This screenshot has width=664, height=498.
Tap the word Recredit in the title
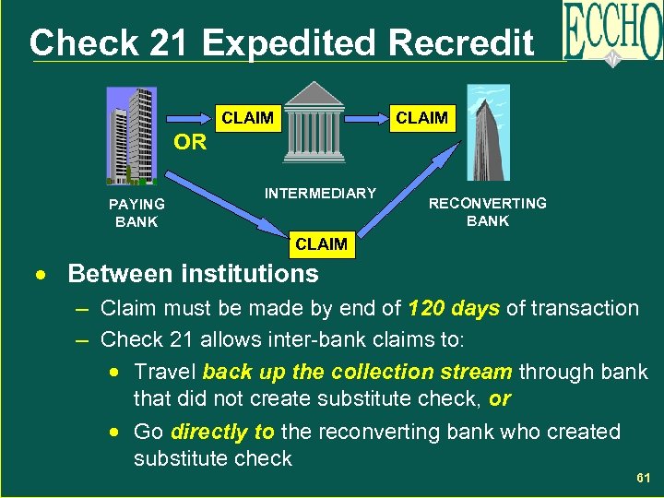tap(462, 42)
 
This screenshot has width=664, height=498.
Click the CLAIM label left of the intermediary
tap(247, 118)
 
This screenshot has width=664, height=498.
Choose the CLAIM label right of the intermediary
tap(421, 118)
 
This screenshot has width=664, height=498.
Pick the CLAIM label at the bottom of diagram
tap(321, 244)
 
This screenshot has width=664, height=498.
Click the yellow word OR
tap(190, 143)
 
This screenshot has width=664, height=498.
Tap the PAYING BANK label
tap(136, 213)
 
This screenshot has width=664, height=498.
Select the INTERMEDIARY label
tap(320, 194)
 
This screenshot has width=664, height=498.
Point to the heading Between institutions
tap(193, 274)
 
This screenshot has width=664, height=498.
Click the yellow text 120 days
tap(454, 308)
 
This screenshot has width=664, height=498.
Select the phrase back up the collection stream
tap(357, 372)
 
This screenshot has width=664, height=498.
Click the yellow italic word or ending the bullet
tap(500, 398)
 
